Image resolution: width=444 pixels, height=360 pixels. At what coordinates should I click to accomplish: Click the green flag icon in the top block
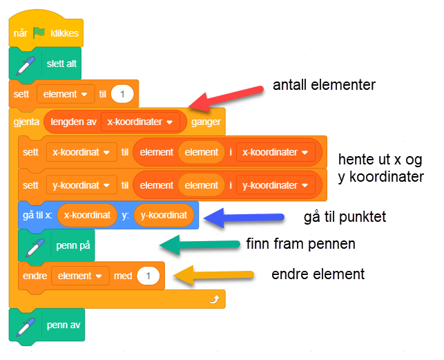(39, 32)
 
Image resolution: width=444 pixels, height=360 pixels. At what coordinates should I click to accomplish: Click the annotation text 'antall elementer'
(324, 85)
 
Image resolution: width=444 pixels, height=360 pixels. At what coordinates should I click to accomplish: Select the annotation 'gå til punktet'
(345, 217)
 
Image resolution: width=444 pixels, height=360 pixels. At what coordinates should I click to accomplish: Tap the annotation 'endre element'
(318, 274)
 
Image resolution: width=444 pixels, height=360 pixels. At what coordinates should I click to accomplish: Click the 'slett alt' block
(61, 64)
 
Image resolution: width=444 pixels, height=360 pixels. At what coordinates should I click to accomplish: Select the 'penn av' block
(63, 325)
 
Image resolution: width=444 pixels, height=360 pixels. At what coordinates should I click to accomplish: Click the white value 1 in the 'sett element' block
(122, 93)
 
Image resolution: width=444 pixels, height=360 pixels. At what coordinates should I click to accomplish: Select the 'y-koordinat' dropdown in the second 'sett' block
(80, 185)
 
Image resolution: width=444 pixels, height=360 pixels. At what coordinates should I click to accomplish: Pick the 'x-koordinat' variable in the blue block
(86, 215)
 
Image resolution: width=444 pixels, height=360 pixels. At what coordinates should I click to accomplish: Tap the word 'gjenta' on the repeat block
(26, 122)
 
